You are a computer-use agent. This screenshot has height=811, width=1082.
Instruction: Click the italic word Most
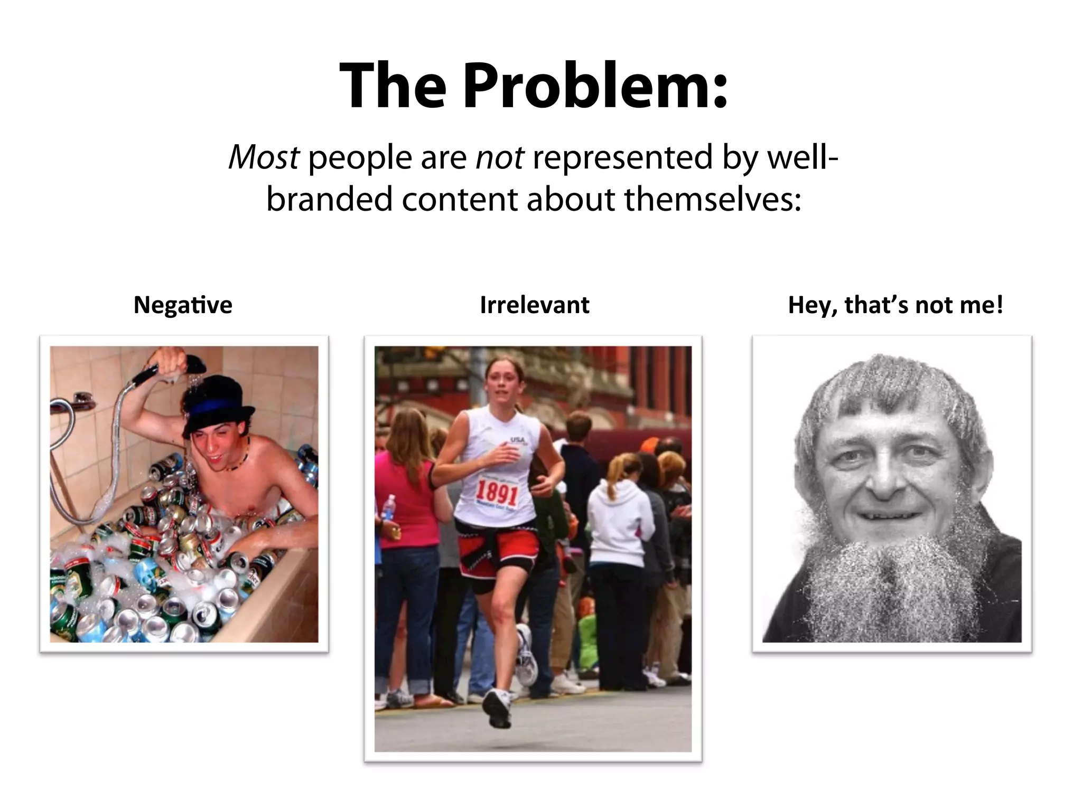264,157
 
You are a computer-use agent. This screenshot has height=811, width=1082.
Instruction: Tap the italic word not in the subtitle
500,157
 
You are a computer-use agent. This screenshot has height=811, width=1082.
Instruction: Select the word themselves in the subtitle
713,200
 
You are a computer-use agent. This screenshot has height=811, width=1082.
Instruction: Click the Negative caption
183,305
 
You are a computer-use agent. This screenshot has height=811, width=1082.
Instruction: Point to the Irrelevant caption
534,305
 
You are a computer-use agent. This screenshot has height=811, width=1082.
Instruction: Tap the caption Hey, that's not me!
895,305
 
